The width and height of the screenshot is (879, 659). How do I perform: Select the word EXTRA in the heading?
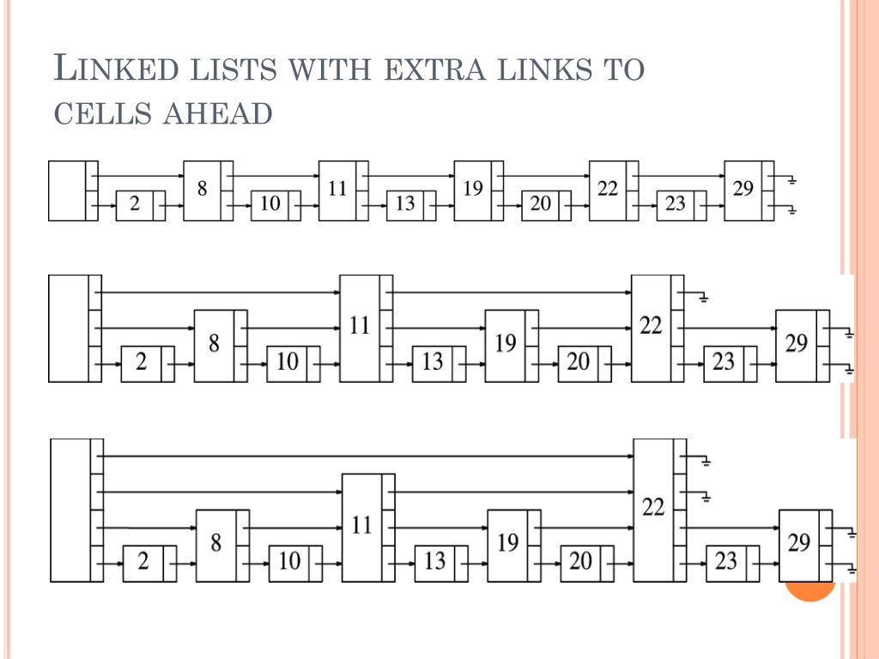[x=436, y=69]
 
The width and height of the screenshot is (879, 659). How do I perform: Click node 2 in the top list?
[x=135, y=204]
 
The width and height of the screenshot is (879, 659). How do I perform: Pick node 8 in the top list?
[x=203, y=190]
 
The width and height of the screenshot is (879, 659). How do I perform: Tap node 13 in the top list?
[x=405, y=204]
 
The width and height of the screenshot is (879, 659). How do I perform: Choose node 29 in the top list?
[x=743, y=190]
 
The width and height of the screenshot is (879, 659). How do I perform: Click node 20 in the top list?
[x=541, y=204]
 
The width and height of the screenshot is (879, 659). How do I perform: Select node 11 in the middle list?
[x=360, y=327]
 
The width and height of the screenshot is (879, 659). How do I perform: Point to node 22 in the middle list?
[x=652, y=327]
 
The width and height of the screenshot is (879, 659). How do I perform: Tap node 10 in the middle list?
[x=288, y=363]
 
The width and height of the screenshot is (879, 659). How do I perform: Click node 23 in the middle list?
[x=724, y=363]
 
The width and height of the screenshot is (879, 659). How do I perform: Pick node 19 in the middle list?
[x=506, y=345]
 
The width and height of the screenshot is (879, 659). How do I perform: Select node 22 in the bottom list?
[x=653, y=509]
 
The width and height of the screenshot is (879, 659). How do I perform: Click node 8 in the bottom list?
[x=215, y=545]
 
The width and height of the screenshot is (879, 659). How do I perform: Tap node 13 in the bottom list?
[x=435, y=562]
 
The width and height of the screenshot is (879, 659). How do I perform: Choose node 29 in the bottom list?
[x=799, y=545]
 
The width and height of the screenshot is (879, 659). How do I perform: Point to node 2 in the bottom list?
[x=143, y=562]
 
